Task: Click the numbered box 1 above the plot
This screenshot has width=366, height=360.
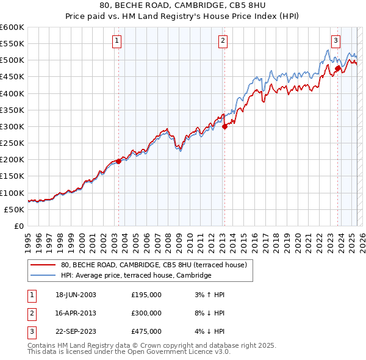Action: tap(117, 41)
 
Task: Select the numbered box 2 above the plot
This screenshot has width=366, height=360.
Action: tap(223, 41)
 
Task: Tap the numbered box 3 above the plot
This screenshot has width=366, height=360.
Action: tap(335, 41)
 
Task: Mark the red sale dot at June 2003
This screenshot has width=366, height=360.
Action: tap(118, 161)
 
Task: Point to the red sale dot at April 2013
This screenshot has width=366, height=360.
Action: tap(224, 126)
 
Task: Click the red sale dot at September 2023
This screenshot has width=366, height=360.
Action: tap(337, 68)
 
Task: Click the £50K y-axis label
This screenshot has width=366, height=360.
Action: tap(15, 209)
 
